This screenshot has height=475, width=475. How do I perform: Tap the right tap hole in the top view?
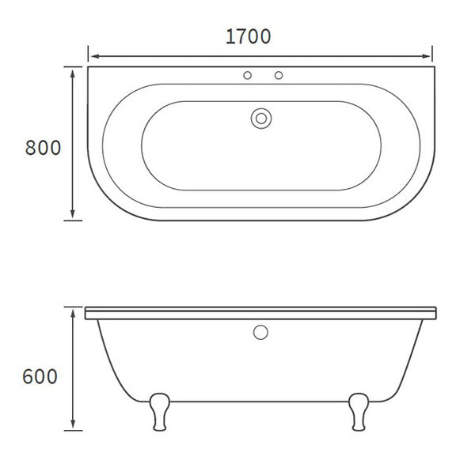point(278,77)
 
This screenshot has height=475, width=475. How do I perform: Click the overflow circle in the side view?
point(260,333)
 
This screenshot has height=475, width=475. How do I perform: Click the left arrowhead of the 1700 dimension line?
point(92,56)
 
